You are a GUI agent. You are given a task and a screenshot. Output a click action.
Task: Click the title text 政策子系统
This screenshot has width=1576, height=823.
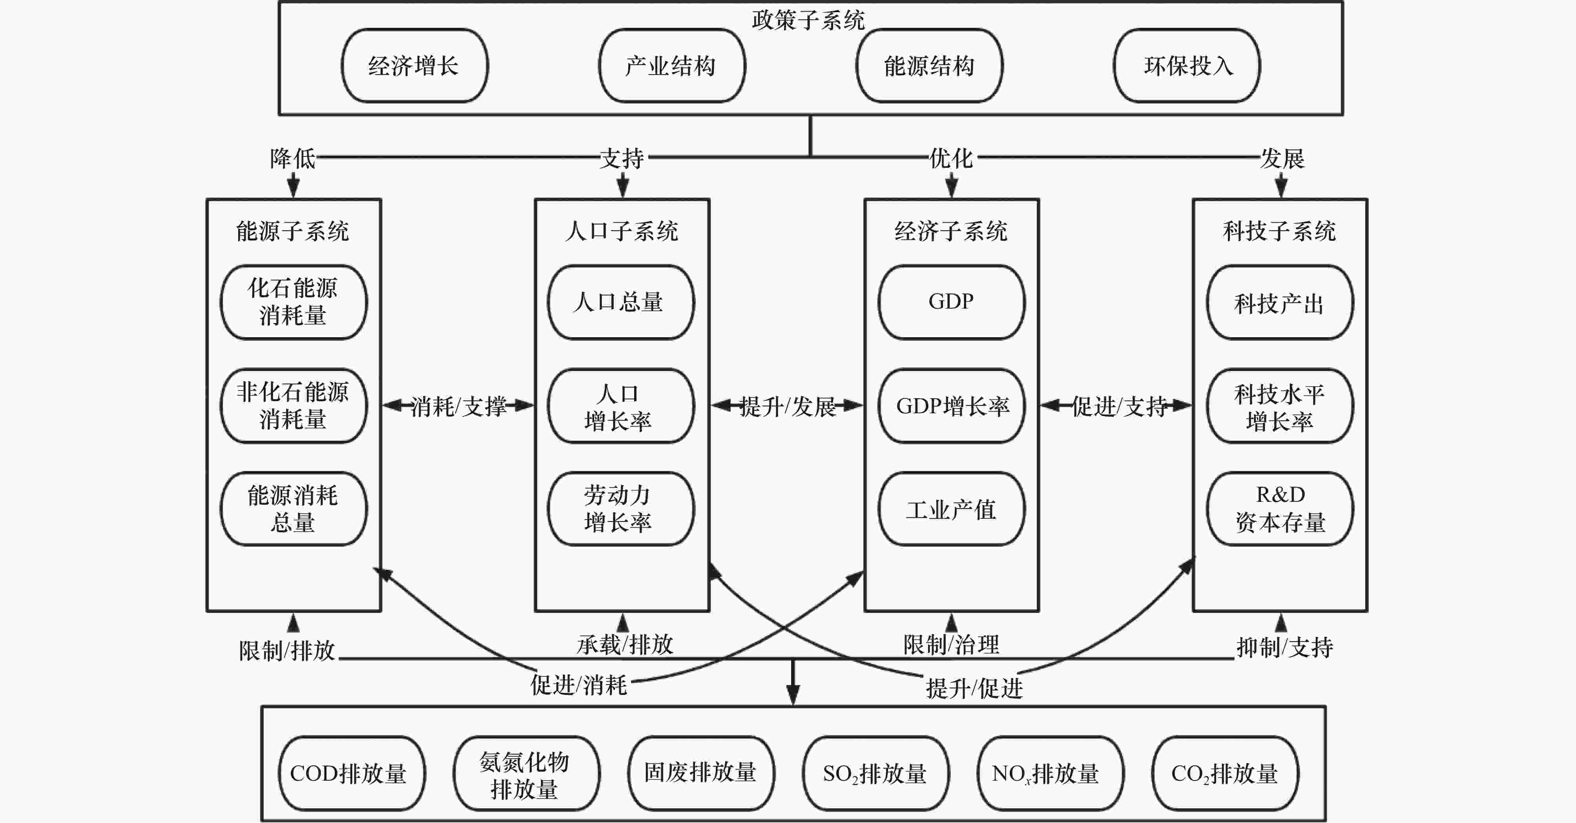[x=808, y=20]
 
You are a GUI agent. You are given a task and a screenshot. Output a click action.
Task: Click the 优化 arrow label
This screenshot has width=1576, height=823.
[x=951, y=158]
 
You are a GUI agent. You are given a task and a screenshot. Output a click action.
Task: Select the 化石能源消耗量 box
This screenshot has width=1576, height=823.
[x=294, y=302]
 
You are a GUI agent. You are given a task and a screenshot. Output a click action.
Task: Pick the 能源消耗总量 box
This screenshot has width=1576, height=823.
[x=294, y=509]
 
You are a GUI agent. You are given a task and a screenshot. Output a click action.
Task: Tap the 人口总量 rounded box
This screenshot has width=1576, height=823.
[x=621, y=302]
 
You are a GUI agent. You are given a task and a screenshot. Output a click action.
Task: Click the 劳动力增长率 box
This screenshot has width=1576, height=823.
[x=621, y=509]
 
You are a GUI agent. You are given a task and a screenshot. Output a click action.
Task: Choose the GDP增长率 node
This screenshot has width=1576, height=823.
[x=951, y=405]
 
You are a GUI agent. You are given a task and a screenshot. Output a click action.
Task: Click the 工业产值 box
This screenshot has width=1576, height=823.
[x=951, y=509]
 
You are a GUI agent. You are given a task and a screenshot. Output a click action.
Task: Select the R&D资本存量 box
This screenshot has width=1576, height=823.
[x=1280, y=509]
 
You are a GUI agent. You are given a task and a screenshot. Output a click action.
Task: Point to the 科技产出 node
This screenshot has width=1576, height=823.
[x=1280, y=302]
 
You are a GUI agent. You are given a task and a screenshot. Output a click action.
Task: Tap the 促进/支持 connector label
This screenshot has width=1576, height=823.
[x=1119, y=406]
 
